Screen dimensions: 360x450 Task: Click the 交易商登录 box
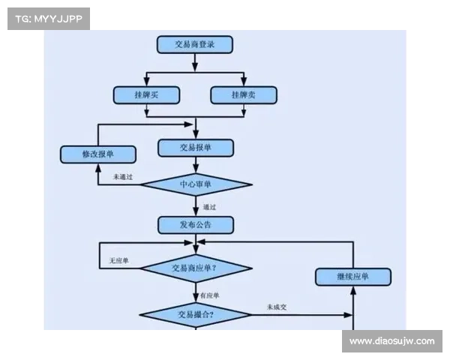pos(195,44)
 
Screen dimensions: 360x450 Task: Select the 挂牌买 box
pos(146,95)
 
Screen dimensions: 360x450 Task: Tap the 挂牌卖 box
pos(244,95)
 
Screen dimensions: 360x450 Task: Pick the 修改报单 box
pos(97,154)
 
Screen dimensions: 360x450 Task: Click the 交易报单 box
pos(195,148)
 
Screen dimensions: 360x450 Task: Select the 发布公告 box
pos(195,225)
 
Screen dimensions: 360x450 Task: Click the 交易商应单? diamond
pos(196,267)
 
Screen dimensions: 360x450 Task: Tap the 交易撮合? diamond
pos(196,313)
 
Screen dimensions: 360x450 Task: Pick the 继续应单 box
pos(353,277)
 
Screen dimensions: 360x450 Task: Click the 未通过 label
pos(122,177)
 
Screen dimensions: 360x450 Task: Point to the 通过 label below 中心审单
pos(209,206)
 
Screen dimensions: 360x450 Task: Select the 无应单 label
pos(119,260)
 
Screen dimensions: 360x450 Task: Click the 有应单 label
pos(209,295)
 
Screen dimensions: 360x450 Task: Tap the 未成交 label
pos(277,307)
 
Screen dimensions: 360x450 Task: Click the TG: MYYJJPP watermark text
pos(47,18)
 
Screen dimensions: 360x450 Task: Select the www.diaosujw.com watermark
pos(392,341)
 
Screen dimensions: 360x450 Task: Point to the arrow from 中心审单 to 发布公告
pos(196,206)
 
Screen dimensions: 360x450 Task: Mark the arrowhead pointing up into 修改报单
pos(98,167)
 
